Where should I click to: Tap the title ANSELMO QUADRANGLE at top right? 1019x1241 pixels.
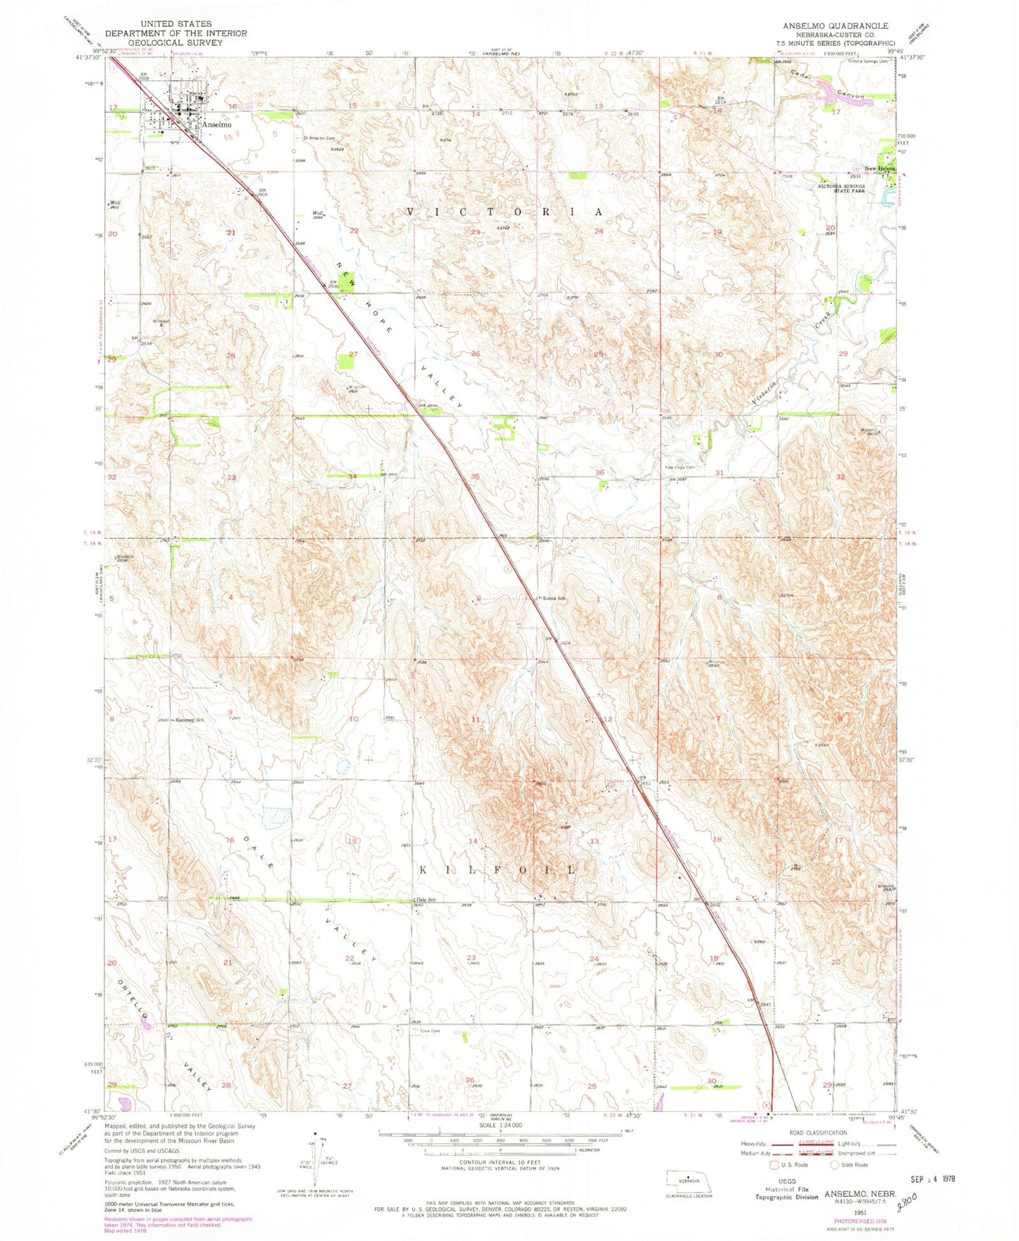pyautogui.click(x=835, y=25)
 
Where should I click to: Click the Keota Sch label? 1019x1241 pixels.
pyautogui.click(x=554, y=599)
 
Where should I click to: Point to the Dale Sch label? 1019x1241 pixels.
pyautogui.click(x=426, y=900)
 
